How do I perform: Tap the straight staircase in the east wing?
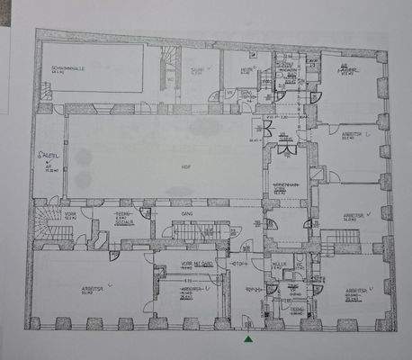point(340,240)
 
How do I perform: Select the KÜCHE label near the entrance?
point(280,265)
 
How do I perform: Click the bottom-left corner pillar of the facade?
point(33,322)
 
